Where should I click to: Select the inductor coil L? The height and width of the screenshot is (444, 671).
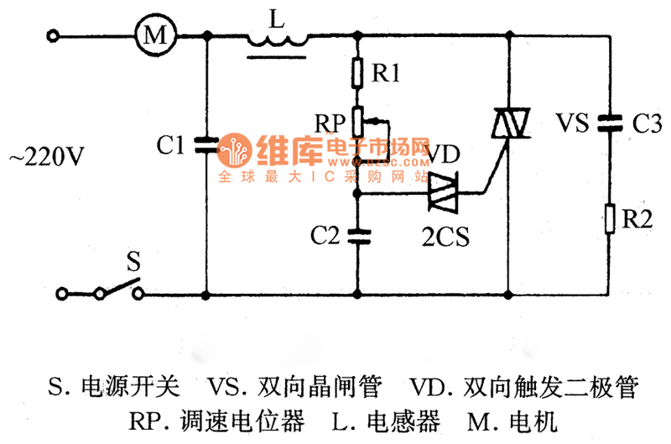[277, 39]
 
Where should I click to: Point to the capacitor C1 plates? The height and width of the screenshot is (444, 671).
[206, 144]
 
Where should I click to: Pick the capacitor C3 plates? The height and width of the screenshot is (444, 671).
[609, 124]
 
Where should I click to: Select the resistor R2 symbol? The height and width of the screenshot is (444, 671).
[609, 220]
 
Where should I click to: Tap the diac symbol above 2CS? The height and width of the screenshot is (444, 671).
[442, 195]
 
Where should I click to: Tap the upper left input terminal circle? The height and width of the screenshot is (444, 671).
[55, 35]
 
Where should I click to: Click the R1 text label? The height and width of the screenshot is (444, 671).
[386, 74]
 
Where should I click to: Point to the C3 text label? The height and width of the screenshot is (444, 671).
[644, 125]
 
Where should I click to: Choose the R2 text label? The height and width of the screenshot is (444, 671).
[638, 221]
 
